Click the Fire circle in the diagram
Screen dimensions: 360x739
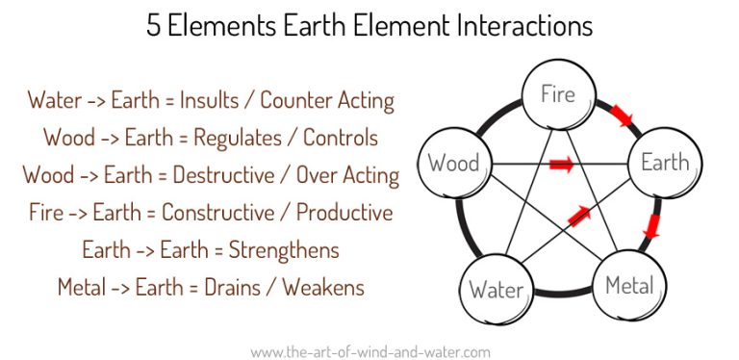point(557,95)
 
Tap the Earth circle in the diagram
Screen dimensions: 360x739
point(664,162)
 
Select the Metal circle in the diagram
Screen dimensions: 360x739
point(629,285)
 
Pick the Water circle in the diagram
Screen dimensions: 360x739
point(496,289)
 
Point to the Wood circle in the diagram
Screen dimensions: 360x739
point(453,163)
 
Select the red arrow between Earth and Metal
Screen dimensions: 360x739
point(651,226)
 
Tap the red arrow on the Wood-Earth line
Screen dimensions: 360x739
point(561,166)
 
